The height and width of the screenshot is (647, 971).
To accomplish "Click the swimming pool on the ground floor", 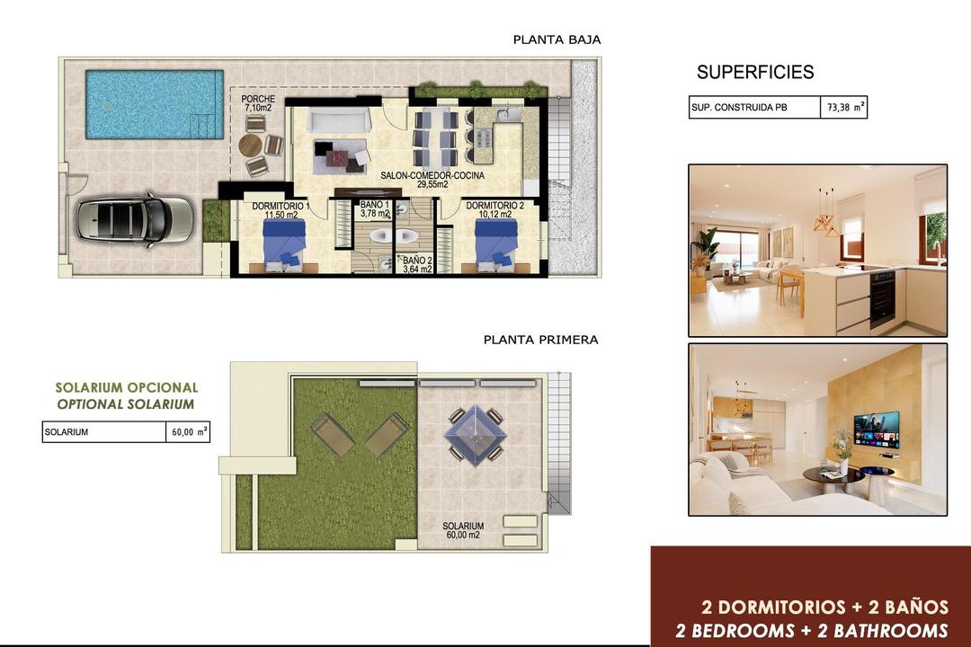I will click(x=154, y=104).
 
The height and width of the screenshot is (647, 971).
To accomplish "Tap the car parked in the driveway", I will click(x=135, y=219).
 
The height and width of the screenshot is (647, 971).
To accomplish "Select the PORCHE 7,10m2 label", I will click(x=259, y=103).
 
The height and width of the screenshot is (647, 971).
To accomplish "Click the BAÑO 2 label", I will click(x=417, y=264).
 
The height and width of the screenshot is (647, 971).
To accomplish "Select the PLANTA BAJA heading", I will click(x=557, y=40).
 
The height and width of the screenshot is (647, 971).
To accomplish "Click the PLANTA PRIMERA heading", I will click(x=540, y=340).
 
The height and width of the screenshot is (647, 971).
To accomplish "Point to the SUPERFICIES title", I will click(x=755, y=73).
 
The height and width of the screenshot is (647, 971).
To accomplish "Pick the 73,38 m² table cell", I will click(x=843, y=108).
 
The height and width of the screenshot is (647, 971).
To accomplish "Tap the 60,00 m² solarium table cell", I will click(x=189, y=432).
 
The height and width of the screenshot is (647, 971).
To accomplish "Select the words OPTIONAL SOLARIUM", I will click(x=125, y=404).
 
